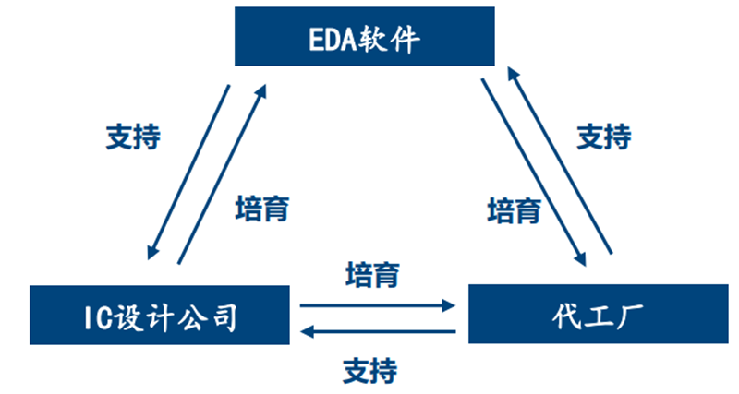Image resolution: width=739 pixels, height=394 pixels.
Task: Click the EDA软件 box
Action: (x=364, y=36)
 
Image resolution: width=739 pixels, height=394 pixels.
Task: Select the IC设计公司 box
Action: (x=160, y=315)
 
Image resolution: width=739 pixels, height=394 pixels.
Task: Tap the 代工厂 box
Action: (x=598, y=314)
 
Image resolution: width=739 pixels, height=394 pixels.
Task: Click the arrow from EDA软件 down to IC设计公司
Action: (x=188, y=173)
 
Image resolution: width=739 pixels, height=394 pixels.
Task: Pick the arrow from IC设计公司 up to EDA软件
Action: (x=222, y=174)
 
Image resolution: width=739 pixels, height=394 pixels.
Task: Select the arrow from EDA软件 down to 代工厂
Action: (x=534, y=173)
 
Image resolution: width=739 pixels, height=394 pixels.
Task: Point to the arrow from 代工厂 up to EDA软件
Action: (x=560, y=160)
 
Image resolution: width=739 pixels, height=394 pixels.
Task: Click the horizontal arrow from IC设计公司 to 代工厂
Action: (x=378, y=305)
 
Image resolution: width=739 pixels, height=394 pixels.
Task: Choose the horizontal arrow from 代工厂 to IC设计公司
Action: (x=378, y=332)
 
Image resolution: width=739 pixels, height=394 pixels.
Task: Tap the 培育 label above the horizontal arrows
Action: (x=373, y=275)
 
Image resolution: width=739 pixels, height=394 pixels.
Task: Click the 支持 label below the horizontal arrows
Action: (x=370, y=370)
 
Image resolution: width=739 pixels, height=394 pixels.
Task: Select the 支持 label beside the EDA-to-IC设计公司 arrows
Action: (x=133, y=137)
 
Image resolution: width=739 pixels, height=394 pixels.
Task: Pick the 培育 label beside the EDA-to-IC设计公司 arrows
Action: (x=262, y=209)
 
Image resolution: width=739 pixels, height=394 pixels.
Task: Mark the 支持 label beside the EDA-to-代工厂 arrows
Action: (x=604, y=137)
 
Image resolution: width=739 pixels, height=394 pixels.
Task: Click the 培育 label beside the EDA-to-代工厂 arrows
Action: (x=515, y=210)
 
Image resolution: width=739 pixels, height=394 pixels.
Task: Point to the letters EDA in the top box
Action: (x=333, y=39)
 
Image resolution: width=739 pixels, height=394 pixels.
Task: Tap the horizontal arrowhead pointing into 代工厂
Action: (x=449, y=305)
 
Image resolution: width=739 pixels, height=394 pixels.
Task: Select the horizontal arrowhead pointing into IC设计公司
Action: (x=308, y=332)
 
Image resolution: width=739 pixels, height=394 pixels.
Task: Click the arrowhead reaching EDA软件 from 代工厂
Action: (x=513, y=74)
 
